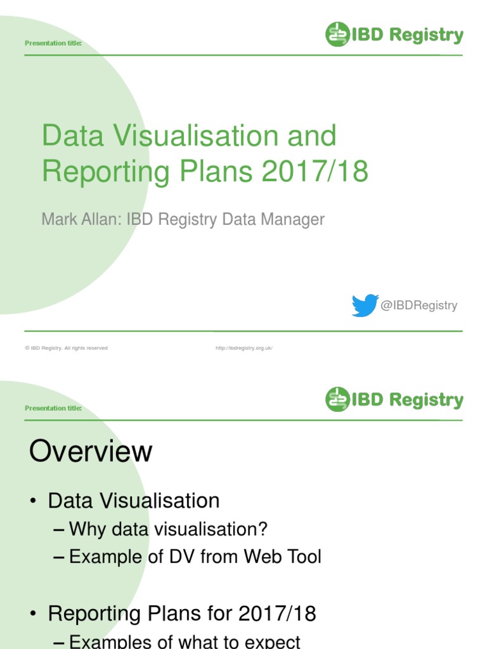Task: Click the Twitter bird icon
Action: click(x=365, y=305)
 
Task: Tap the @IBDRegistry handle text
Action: click(x=419, y=305)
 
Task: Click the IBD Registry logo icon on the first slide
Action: click(x=338, y=35)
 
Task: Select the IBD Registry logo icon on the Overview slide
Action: click(x=338, y=399)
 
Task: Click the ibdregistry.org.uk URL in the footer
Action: click(x=244, y=348)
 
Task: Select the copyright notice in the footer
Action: click(x=67, y=348)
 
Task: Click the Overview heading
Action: click(x=91, y=453)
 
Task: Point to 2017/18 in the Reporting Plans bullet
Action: click(x=277, y=614)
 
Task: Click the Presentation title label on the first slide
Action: click(x=53, y=43)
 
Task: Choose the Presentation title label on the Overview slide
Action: click(x=53, y=408)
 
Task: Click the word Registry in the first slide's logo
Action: click(x=426, y=35)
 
